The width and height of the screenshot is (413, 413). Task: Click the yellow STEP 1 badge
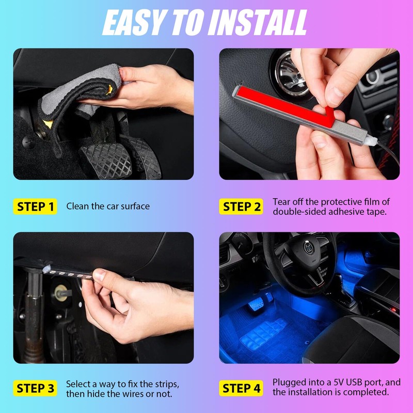click(x=35, y=206)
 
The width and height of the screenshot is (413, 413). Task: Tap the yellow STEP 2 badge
click(x=242, y=206)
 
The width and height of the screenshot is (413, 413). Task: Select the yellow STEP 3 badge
click(x=35, y=389)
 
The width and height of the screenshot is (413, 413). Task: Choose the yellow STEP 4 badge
click(x=242, y=389)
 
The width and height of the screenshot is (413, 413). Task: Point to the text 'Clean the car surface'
click(x=108, y=206)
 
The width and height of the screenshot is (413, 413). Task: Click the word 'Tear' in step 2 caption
click(x=282, y=201)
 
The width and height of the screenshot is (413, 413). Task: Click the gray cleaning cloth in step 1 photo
click(x=72, y=98)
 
